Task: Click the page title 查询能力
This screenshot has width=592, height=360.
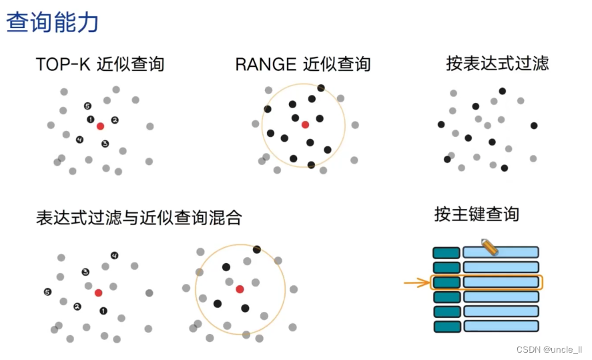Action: [x=52, y=22]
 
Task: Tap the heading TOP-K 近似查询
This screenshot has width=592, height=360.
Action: [x=100, y=64]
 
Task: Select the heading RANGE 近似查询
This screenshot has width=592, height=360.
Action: [x=302, y=64]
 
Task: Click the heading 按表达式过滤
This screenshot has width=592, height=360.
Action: [x=497, y=63]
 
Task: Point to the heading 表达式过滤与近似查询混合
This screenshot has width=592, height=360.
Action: [x=139, y=218]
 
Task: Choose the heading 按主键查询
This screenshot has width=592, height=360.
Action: [x=477, y=214]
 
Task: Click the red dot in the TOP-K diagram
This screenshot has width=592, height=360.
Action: [x=100, y=126]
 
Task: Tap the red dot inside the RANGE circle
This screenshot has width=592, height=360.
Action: [x=305, y=125]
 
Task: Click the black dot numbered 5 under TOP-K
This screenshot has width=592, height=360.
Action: [x=87, y=106]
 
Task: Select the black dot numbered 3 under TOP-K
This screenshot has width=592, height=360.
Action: [x=105, y=144]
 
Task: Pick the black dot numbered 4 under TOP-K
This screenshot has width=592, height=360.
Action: [x=80, y=140]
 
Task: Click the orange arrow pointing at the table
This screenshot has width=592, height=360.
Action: [x=416, y=283]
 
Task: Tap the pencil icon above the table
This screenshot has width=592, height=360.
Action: [x=489, y=246]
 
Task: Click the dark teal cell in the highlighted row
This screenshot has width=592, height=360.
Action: [x=447, y=283]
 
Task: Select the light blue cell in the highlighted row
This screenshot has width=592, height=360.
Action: [x=501, y=283]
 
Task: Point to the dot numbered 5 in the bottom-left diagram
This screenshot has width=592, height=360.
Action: [x=47, y=292]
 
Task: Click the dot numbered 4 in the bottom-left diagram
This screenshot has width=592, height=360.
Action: [x=114, y=255]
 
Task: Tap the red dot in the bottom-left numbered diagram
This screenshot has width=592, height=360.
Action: [x=98, y=293]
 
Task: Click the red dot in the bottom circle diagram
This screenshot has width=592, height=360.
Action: [x=240, y=289]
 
